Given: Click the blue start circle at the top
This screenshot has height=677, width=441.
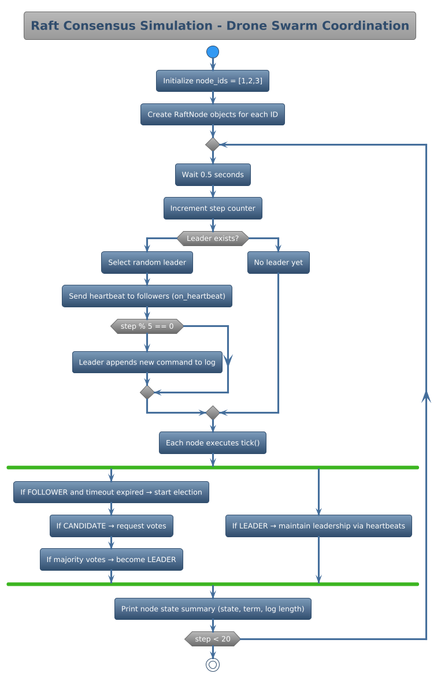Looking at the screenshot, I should tap(213, 52).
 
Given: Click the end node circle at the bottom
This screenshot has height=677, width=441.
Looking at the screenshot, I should tap(213, 665).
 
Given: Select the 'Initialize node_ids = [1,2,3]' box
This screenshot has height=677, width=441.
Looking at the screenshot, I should tap(213, 81).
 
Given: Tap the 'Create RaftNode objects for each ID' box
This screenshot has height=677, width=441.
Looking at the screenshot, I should tap(213, 114).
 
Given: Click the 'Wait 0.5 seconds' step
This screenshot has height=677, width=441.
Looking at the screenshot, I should tap(213, 174).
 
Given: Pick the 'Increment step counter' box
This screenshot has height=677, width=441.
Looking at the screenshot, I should tap(213, 208).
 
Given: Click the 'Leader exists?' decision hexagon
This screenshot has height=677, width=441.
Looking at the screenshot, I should tap(213, 238).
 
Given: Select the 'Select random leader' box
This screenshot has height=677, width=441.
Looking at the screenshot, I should tap(147, 262).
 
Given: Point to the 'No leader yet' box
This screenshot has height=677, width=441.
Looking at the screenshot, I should tap(279, 262).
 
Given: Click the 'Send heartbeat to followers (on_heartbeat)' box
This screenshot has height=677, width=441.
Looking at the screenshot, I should tap(147, 296).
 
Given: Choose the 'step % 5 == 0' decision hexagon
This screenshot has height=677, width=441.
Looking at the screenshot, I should tap(147, 326).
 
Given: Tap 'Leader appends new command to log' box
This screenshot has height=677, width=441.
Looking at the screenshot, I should tap(147, 362).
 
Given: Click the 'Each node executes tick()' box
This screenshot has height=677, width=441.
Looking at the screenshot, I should tap(213, 442).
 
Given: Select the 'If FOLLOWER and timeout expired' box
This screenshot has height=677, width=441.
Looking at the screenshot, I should tap(112, 492).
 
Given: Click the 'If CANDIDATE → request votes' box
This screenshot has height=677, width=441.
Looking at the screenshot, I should tap(112, 526).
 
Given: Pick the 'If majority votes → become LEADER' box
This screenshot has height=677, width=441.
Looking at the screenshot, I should tap(112, 559).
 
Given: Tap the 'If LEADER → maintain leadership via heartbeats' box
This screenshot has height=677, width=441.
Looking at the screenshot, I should tap(318, 526).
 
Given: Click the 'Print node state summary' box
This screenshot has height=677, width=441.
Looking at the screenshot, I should tap(213, 609).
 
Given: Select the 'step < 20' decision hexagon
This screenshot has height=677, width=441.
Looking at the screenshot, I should tap(213, 639).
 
